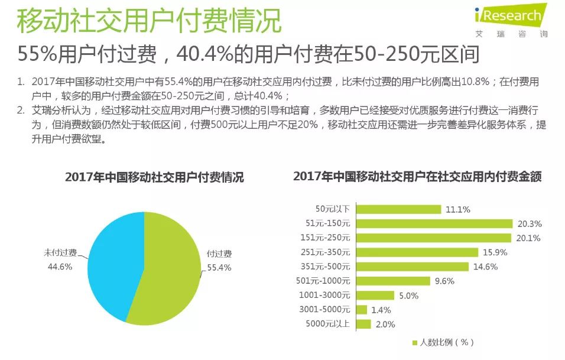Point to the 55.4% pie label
click(219, 267)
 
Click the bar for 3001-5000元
click(362, 310)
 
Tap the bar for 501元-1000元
click(393, 281)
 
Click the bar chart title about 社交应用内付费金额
click(417, 177)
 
